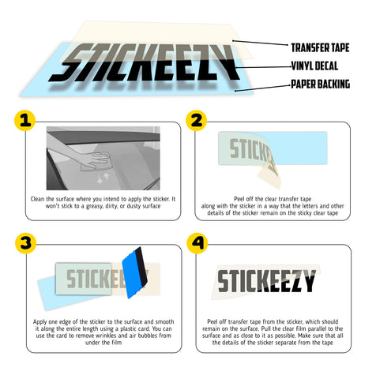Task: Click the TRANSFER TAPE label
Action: (x=320, y=47)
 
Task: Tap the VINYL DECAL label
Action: (x=314, y=66)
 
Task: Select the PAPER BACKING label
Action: (x=321, y=84)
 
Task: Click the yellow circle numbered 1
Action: (x=24, y=121)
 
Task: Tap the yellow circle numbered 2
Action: (x=196, y=121)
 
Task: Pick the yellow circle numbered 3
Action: (x=25, y=243)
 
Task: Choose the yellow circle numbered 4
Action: (x=197, y=243)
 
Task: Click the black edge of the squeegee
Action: (x=141, y=266)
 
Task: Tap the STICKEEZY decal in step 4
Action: (x=266, y=281)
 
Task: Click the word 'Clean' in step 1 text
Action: (x=37, y=199)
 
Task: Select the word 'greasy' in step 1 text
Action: (x=94, y=206)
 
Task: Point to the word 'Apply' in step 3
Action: (x=39, y=322)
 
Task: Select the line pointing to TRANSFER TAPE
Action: (x=260, y=43)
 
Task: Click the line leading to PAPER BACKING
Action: (x=262, y=88)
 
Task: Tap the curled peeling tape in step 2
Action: (x=270, y=168)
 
